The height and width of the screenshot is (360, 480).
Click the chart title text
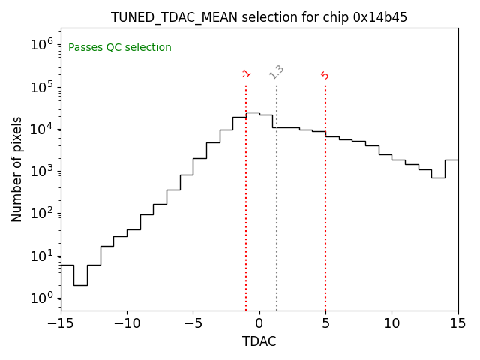click(259, 17)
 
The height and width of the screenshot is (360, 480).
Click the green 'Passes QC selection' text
click(120, 48)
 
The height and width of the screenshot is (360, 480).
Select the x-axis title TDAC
click(259, 341)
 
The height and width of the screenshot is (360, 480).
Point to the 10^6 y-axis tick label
click(42, 45)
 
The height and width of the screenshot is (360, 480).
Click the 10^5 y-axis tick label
click(42, 87)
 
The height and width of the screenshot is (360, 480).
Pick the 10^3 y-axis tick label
click(42, 172)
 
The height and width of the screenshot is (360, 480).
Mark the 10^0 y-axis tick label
click(42, 298)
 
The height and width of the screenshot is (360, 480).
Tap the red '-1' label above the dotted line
click(246, 73)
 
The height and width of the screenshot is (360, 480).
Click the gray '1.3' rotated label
click(277, 71)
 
